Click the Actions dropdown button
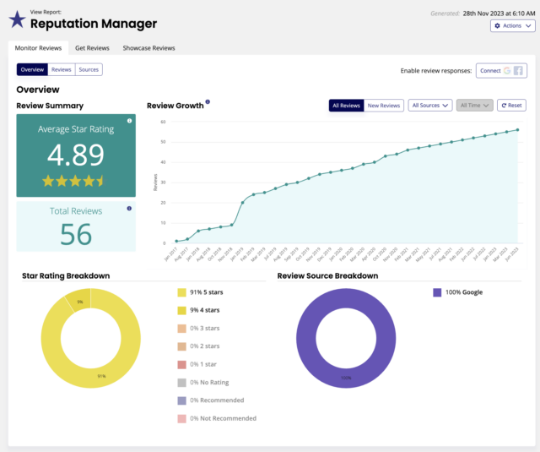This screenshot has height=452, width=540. [x=512, y=26]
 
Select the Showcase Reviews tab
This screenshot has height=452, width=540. [x=148, y=48]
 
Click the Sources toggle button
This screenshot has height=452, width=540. [x=89, y=69]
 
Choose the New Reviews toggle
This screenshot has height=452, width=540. [x=384, y=106]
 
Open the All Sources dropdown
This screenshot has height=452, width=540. [x=429, y=106]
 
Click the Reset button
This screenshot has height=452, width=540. [x=511, y=106]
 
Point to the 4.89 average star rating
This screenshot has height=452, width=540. [x=76, y=155]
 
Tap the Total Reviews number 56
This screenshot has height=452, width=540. [x=76, y=234]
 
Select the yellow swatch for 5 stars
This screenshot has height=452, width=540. [x=182, y=292]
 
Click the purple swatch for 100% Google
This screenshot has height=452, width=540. [x=437, y=292]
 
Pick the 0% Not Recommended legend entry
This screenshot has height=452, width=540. [x=222, y=417]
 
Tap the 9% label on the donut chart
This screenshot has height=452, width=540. [x=79, y=302]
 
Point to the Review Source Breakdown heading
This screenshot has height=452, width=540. [x=327, y=275]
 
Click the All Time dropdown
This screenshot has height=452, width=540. [x=475, y=106]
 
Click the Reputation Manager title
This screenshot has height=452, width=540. [x=88, y=24]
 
